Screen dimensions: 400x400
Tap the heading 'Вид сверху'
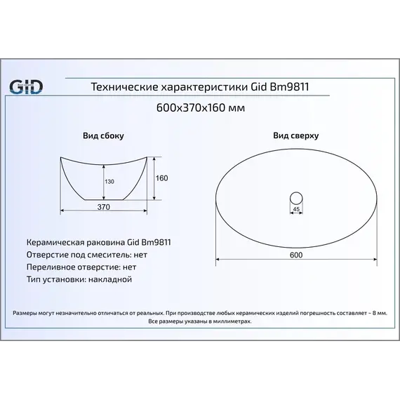click(296, 135)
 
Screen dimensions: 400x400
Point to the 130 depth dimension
click(108, 182)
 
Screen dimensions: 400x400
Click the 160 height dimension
click(161, 178)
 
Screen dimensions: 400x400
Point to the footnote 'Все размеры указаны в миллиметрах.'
click(200, 321)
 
